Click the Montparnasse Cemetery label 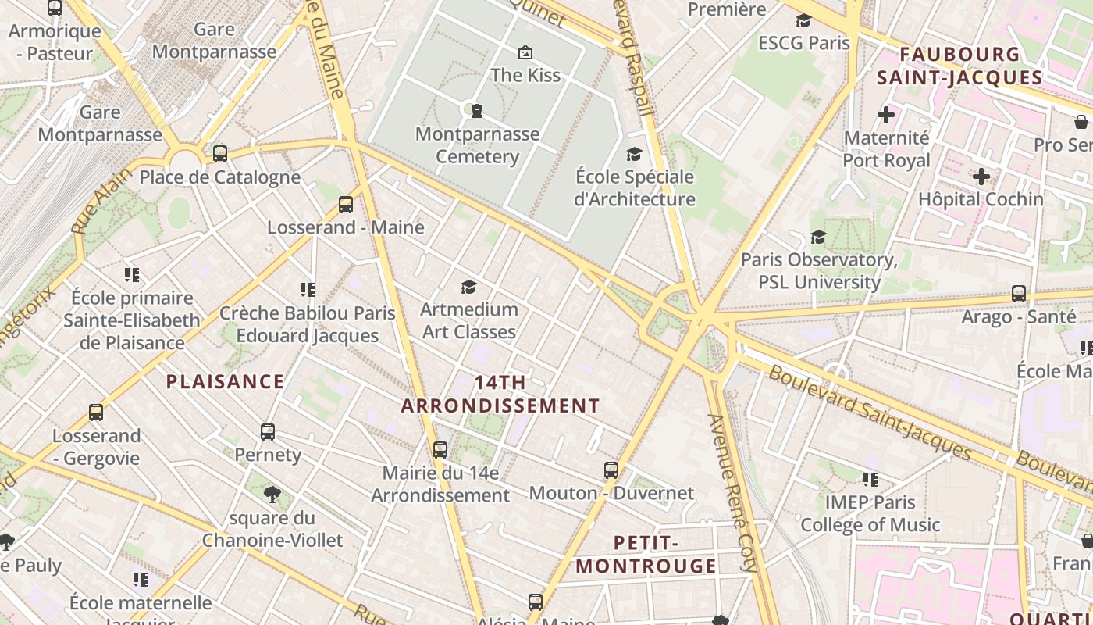point(477,145)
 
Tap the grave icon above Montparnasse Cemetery point(476,111)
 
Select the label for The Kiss point(525,75)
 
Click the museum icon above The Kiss point(525,53)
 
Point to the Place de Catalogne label point(219,177)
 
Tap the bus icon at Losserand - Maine point(346,205)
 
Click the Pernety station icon point(268,431)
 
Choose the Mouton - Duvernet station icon point(611,470)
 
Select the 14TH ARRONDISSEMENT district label point(500,395)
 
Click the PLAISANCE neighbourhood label point(226,382)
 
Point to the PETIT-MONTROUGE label point(646,554)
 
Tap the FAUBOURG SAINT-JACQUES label point(959,66)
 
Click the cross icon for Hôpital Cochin point(981,177)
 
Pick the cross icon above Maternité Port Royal point(886,116)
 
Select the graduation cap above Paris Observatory point(818,237)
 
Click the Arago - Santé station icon point(1019,294)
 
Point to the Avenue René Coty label point(733,492)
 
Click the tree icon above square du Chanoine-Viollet point(272,494)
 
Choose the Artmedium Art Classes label point(469,320)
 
